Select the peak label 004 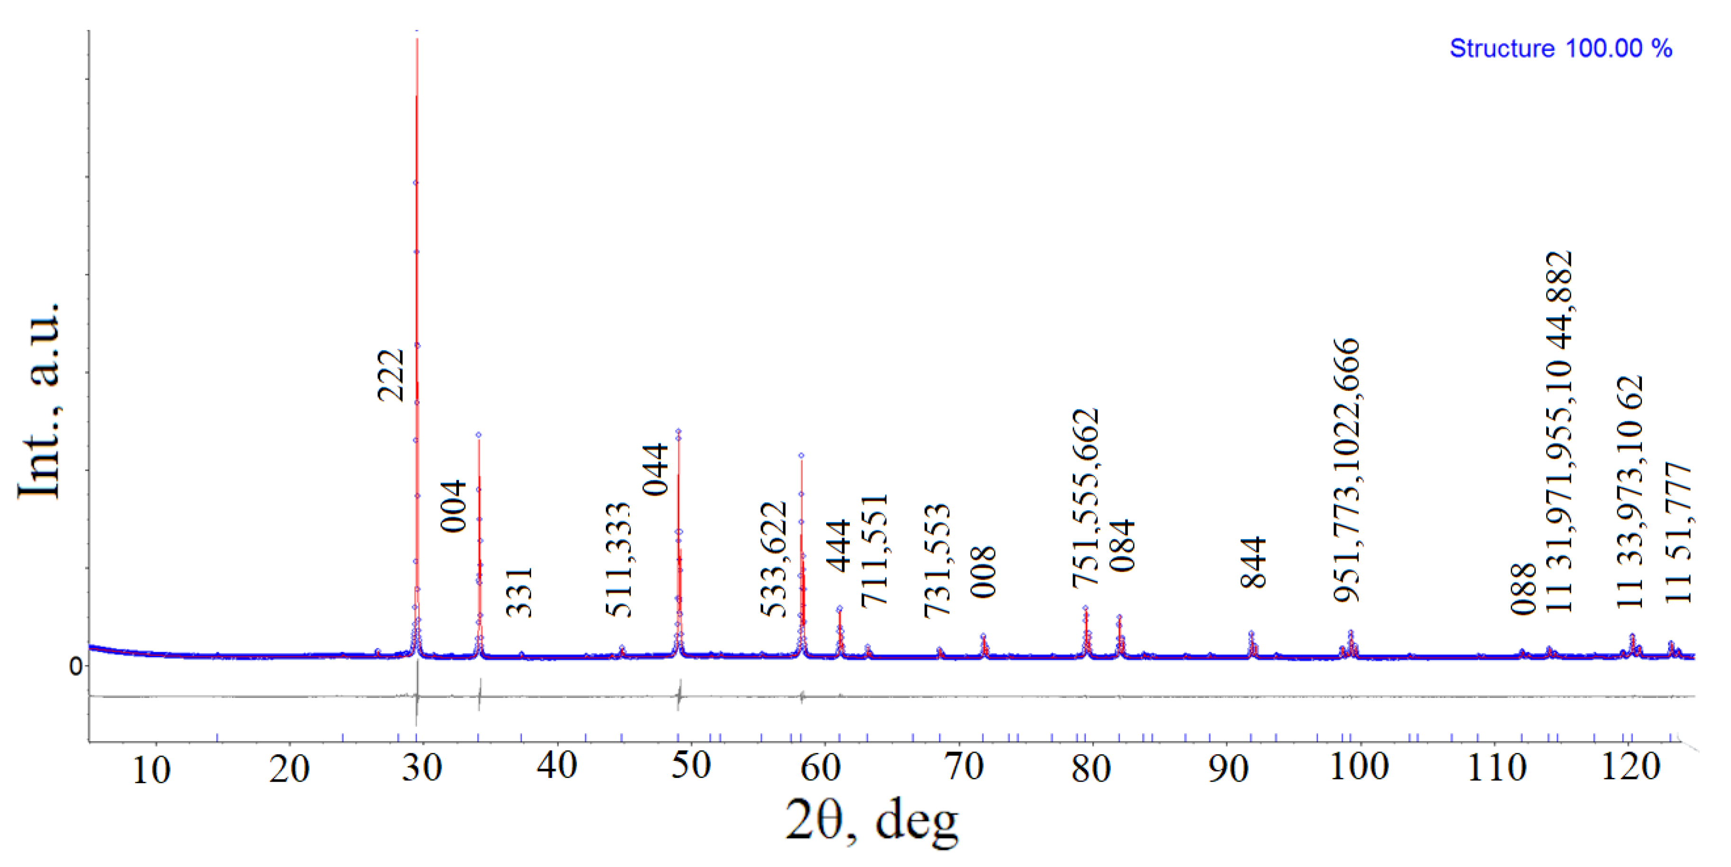tap(453, 506)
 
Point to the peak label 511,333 tap(619, 559)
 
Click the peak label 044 tap(655, 469)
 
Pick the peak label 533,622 tap(774, 559)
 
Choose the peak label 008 tap(983, 572)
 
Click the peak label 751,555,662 tap(1085, 498)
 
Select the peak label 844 tap(1253, 562)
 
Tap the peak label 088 tap(1524, 589)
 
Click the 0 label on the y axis tap(75, 666)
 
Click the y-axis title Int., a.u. tap(39, 399)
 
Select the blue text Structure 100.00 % tap(1560, 48)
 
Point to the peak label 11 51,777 tap(1678, 533)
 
